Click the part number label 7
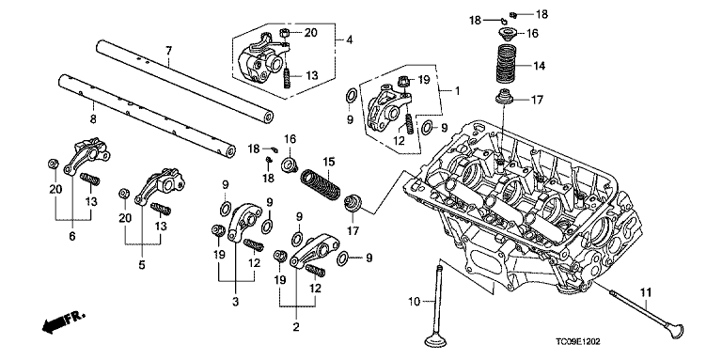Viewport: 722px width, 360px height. [168, 50]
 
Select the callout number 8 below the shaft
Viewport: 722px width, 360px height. [92, 119]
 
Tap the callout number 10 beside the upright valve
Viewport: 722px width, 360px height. [415, 302]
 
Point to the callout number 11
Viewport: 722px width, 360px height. [646, 291]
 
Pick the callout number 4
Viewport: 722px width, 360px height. [349, 40]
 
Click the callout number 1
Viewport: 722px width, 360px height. [456, 91]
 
